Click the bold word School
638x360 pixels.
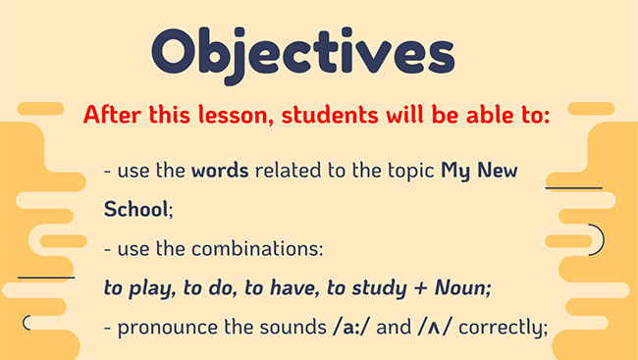click(136, 210)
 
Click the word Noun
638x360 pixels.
click(460, 288)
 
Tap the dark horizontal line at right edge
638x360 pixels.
click(573, 186)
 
